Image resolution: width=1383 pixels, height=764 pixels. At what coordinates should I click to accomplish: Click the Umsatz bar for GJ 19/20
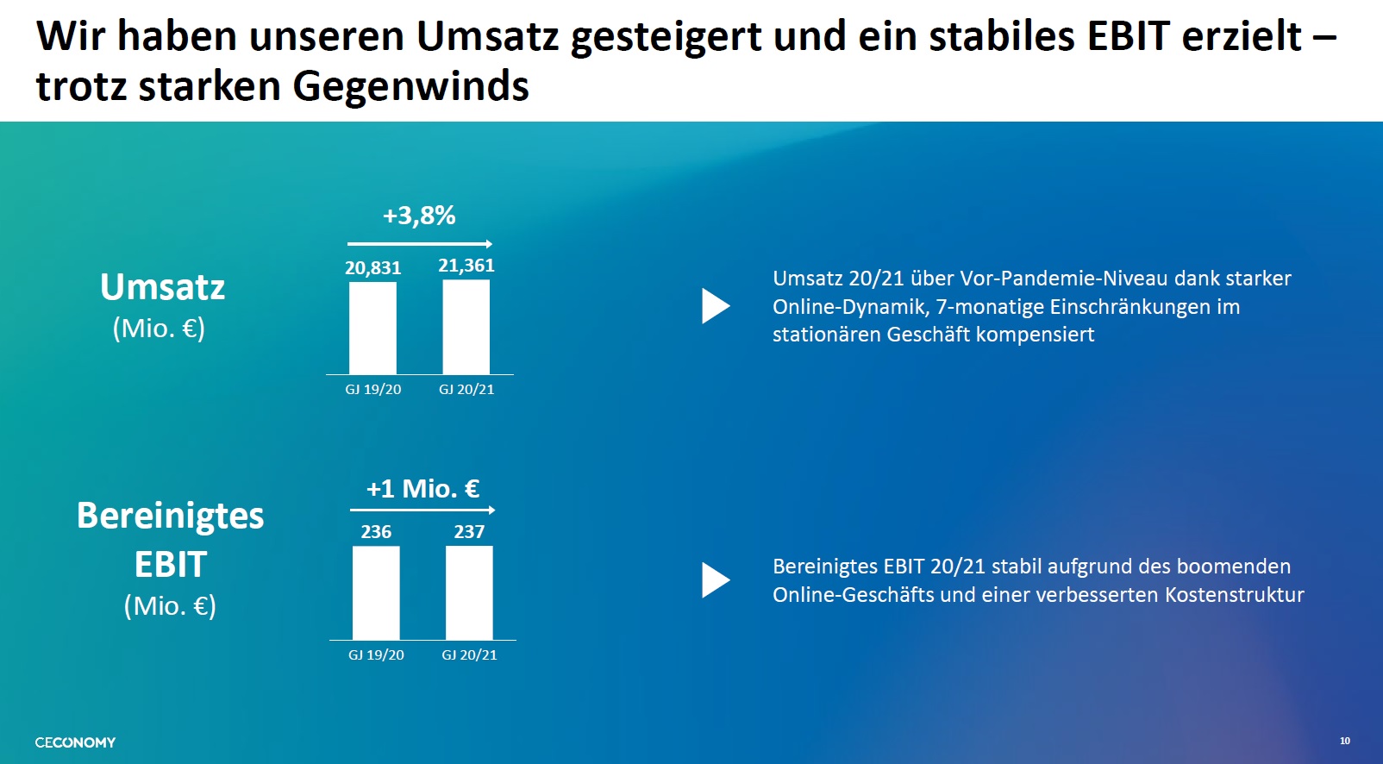(x=372, y=329)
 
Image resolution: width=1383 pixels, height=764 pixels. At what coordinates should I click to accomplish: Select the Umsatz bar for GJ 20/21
(x=466, y=327)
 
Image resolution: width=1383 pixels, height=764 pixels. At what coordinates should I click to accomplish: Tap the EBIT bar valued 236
(x=376, y=593)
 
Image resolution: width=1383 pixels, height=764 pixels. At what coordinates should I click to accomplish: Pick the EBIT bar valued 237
(x=469, y=593)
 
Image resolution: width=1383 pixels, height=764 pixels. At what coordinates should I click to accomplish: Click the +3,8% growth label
(x=419, y=216)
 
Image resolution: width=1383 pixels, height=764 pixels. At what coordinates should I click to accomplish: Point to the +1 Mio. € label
(x=422, y=489)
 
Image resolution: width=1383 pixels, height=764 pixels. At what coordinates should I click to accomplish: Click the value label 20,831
(x=373, y=268)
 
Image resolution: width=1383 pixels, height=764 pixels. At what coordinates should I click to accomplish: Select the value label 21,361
(x=466, y=266)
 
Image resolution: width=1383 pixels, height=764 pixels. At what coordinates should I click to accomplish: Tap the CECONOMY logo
(x=75, y=742)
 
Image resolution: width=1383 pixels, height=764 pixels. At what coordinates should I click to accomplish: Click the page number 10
(x=1344, y=741)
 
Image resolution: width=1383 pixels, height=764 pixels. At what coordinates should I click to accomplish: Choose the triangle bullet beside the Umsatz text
(x=715, y=306)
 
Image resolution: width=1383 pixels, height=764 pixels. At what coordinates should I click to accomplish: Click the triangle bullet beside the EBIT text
(x=715, y=580)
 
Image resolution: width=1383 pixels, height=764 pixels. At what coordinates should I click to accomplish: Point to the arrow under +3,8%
(x=420, y=244)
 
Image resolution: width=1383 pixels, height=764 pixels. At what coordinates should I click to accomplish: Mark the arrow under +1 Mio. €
(x=422, y=510)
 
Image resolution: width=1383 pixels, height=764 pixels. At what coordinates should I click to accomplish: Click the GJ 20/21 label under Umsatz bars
(x=466, y=390)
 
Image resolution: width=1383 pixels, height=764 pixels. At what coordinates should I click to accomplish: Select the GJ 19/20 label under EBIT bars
(x=376, y=655)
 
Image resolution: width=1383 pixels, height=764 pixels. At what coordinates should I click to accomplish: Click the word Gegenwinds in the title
(x=410, y=86)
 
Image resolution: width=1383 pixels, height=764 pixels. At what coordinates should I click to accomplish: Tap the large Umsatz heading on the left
(x=162, y=287)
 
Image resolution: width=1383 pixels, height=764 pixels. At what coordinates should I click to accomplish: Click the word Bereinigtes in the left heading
(x=170, y=516)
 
